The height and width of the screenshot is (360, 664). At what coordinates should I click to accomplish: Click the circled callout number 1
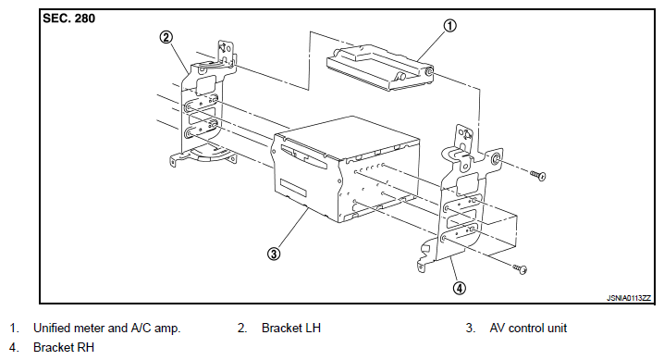click(449, 26)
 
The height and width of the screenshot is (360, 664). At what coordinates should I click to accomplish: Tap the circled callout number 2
click(166, 37)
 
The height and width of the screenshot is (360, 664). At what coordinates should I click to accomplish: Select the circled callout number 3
click(274, 254)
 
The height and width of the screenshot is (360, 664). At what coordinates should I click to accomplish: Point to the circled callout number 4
click(460, 288)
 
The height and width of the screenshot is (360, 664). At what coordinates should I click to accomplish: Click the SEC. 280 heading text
click(69, 19)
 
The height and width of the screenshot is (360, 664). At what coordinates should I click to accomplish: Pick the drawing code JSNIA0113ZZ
click(629, 298)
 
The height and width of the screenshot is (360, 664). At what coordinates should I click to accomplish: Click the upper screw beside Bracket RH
click(538, 175)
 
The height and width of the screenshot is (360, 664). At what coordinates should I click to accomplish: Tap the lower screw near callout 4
click(520, 268)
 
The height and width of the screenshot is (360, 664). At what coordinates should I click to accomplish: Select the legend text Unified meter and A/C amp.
click(107, 329)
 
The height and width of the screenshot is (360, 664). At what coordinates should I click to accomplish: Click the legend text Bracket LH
click(291, 329)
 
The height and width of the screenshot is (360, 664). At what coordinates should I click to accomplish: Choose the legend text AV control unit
click(528, 329)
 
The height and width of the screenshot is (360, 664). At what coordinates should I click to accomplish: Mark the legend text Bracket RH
click(64, 347)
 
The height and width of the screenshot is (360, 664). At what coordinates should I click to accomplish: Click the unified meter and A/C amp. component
click(379, 68)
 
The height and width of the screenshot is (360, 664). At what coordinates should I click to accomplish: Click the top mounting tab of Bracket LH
click(226, 52)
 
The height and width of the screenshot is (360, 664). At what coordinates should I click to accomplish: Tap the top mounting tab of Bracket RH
click(464, 137)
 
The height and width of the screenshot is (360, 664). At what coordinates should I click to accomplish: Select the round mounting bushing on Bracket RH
click(495, 160)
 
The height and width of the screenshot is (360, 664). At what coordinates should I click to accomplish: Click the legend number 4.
click(14, 347)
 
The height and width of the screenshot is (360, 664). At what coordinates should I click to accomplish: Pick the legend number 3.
click(471, 329)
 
